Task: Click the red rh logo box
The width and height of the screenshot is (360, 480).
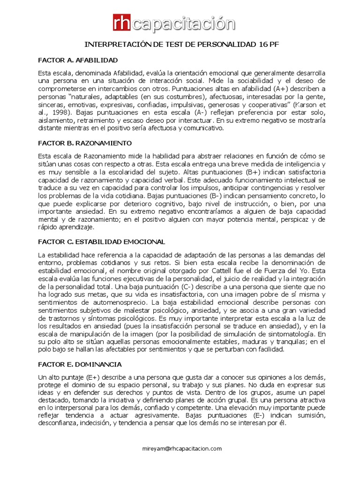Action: pyautogui.click(x=123, y=24)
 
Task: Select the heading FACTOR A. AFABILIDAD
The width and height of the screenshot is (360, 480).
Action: pyautogui.click(x=78, y=60)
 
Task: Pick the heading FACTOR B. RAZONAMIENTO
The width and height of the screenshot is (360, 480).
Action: pyautogui.click(x=85, y=142)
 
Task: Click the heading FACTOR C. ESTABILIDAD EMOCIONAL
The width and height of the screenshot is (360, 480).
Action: pyautogui.click(x=101, y=241)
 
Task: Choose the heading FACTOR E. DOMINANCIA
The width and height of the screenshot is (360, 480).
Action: pyautogui.click(x=80, y=364)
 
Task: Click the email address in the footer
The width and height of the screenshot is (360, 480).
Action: pyautogui.click(x=182, y=449)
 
